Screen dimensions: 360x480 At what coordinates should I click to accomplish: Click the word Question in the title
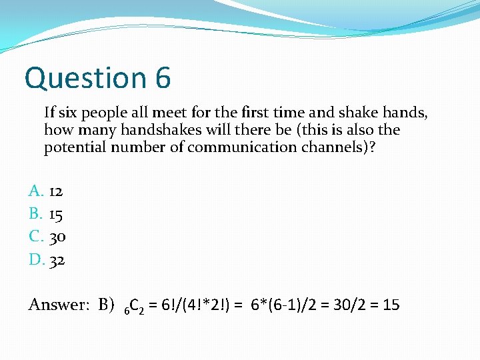[85, 79]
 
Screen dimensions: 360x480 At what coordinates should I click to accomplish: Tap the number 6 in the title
[163, 79]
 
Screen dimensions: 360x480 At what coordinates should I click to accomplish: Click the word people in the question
[102, 112]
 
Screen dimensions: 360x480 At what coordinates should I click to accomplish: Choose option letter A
[36, 192]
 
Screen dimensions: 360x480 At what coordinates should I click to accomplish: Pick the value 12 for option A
[56, 192]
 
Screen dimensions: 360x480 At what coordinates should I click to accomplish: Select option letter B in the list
[36, 215]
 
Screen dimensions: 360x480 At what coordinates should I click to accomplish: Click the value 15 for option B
[56, 215]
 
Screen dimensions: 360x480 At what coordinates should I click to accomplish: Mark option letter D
[36, 260]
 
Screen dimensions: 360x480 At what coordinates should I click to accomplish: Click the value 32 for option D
[57, 260]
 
